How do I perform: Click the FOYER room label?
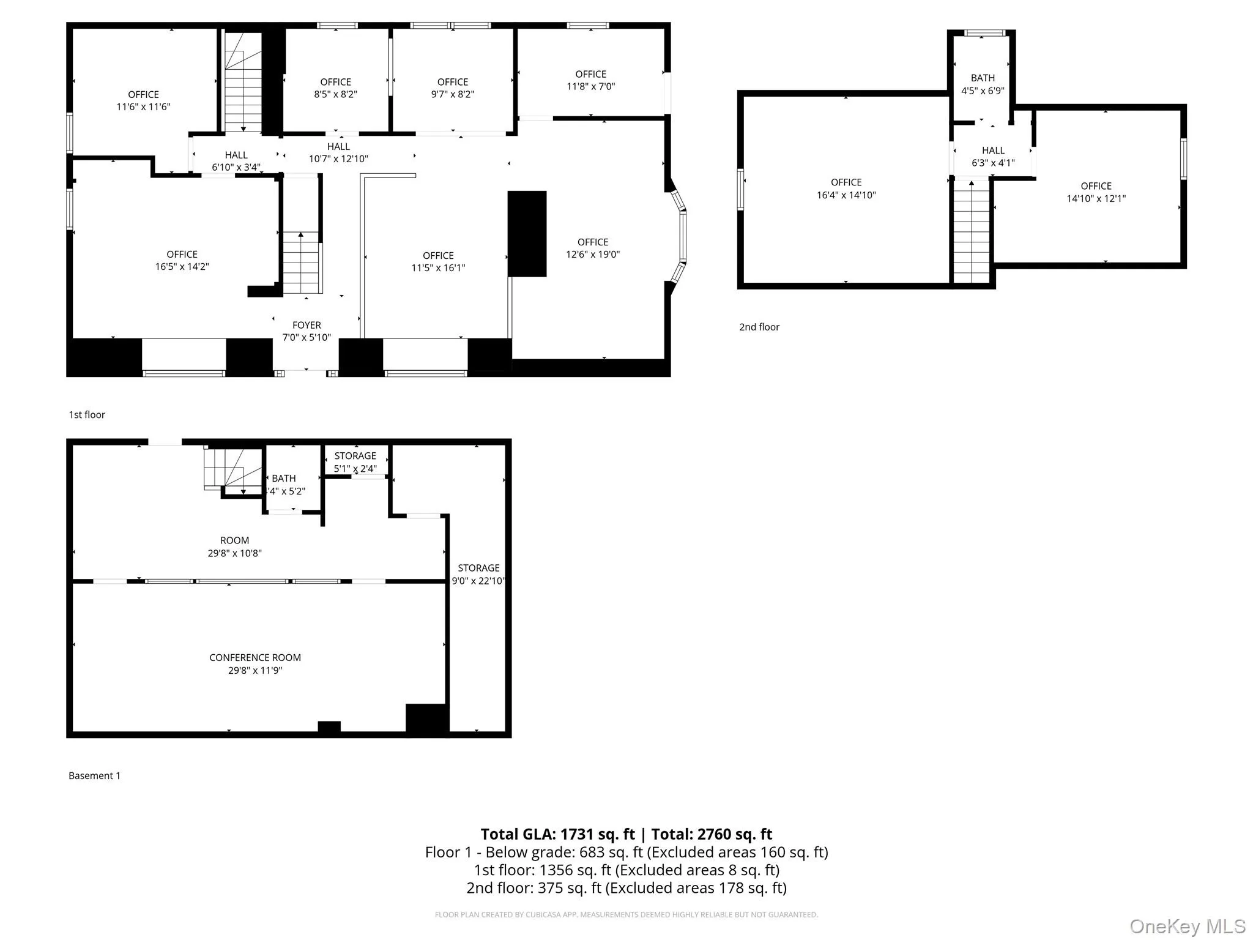point(307,326)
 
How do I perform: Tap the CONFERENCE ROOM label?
point(255,658)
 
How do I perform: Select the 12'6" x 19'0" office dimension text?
point(592,255)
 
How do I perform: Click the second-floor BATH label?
point(983,78)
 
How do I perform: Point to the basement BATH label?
point(284,479)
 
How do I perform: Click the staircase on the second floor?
point(972,233)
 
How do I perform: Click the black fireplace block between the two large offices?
point(527,234)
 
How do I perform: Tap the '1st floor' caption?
point(87,415)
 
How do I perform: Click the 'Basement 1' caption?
point(94,776)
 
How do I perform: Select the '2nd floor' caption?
point(759,327)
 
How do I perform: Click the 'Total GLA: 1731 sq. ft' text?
point(557,834)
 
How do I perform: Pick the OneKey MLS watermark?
point(1187,927)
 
